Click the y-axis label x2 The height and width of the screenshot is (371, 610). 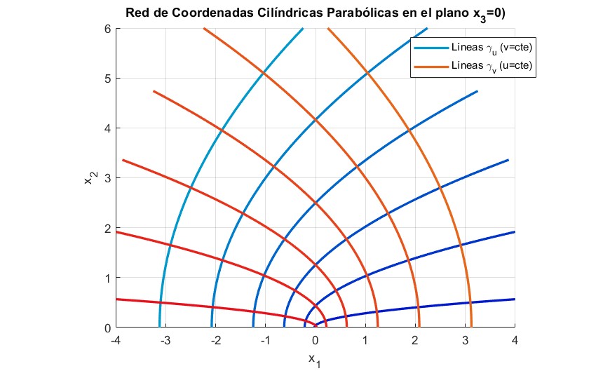[x=90, y=179]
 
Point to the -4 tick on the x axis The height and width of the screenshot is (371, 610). [x=116, y=341]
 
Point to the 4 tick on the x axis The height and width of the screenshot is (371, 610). [x=515, y=341]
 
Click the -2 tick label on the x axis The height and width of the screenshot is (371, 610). [x=215, y=341]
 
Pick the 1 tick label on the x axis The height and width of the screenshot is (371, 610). [x=365, y=341]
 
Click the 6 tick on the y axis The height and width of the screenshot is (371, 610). [x=108, y=29]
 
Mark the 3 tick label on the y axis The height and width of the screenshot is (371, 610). [x=108, y=178]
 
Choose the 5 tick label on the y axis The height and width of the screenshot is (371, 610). [x=108, y=79]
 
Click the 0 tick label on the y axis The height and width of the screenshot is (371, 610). [x=108, y=328]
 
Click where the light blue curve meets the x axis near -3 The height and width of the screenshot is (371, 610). [x=160, y=326]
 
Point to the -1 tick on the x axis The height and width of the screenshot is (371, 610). [x=265, y=341]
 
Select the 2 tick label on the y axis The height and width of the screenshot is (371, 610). [x=108, y=228]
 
